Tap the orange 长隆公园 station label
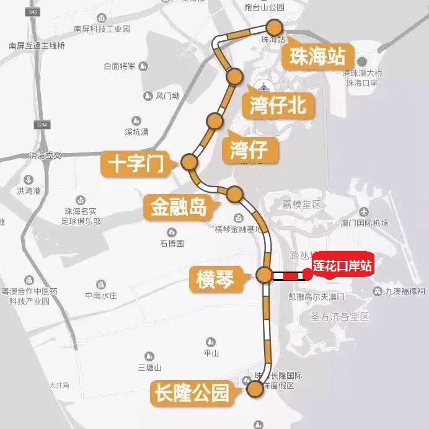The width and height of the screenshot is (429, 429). (192, 392)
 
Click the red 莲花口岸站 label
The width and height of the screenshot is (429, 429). (342, 265)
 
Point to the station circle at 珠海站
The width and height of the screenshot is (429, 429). (273, 27)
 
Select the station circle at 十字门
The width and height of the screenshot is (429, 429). (189, 162)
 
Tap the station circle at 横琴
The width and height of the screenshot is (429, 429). (264, 275)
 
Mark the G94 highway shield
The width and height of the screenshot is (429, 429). (42, 125)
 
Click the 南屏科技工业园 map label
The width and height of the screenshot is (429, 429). (102, 29)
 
